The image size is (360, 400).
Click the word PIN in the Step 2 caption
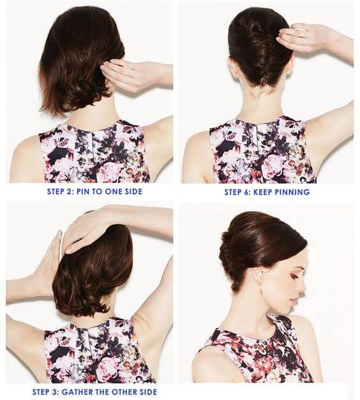pyautogui.click(x=83, y=191)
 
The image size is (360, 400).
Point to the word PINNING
pyautogui.click(x=292, y=192)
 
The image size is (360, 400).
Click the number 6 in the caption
pyautogui.click(x=247, y=192)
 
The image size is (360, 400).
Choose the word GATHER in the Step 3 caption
pyautogui.click(x=77, y=392)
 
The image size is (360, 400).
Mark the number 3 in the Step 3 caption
pyautogui.click(x=56, y=392)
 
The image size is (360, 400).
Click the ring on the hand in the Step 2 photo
pyautogui.click(x=131, y=68)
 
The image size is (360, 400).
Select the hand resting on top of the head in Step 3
pyautogui.click(x=84, y=227)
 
